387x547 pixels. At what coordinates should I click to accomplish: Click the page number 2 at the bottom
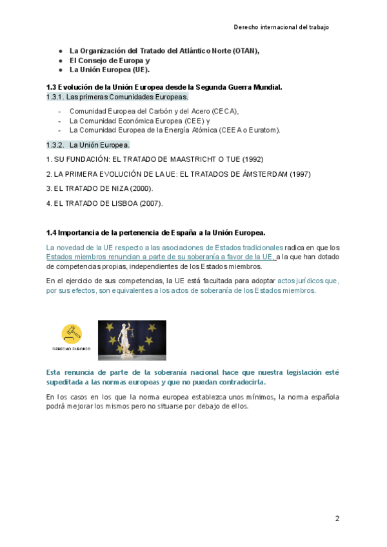(x=337, y=519)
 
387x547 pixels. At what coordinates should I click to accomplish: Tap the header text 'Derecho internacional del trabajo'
(x=281, y=27)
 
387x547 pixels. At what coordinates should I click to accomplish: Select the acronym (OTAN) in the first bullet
(x=246, y=50)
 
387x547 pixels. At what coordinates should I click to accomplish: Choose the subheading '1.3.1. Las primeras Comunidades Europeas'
(x=117, y=97)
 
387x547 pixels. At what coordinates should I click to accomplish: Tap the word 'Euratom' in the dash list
(x=266, y=130)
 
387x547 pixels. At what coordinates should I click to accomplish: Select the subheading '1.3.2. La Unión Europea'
(x=88, y=144)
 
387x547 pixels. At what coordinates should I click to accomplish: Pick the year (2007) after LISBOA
(x=151, y=203)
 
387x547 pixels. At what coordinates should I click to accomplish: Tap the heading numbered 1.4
(x=155, y=232)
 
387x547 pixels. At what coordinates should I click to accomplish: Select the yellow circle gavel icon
(x=72, y=333)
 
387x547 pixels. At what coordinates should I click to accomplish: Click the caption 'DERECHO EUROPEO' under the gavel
(x=72, y=348)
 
